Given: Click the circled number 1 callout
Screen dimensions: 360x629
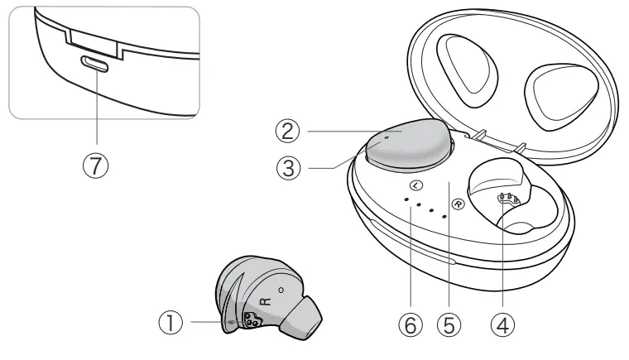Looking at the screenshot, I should pyautogui.click(x=170, y=324).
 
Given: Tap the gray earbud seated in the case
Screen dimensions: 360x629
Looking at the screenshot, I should pyautogui.click(x=406, y=146).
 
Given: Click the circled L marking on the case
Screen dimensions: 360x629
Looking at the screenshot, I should pyautogui.click(x=415, y=185).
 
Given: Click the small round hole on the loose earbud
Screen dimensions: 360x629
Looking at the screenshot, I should pyautogui.click(x=281, y=290).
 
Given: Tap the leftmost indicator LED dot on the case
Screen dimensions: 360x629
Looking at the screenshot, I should pyautogui.click(x=406, y=199).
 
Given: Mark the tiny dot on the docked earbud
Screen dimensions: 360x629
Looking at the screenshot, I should pyautogui.click(x=387, y=139).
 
